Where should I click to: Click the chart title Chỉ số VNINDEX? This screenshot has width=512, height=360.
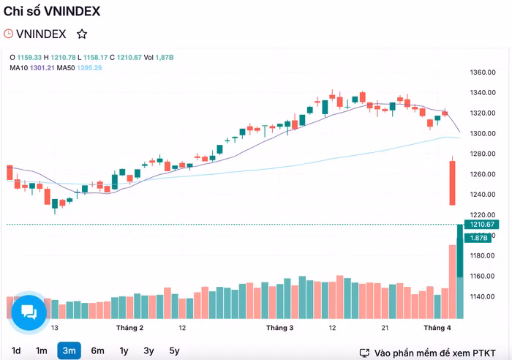52,11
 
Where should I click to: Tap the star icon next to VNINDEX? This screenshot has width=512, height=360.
82,34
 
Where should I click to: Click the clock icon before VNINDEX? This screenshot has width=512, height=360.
9,34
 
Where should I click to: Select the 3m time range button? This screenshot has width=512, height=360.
69,350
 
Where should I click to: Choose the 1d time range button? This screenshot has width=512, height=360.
16,350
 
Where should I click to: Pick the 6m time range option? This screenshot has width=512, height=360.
97,350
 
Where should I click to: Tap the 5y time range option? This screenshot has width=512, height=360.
174,350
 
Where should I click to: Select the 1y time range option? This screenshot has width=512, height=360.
124,350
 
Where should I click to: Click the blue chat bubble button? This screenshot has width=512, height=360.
29,312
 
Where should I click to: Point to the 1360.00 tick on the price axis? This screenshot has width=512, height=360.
483,72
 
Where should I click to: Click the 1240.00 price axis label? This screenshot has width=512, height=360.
483,195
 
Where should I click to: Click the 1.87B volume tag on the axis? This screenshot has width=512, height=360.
480,238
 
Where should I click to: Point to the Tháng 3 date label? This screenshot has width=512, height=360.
279,328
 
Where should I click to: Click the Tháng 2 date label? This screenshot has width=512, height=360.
129,328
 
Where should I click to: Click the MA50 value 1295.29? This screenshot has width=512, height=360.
89,68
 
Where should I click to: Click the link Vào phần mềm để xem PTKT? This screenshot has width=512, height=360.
434,353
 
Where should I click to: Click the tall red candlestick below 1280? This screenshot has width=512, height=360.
453,183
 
